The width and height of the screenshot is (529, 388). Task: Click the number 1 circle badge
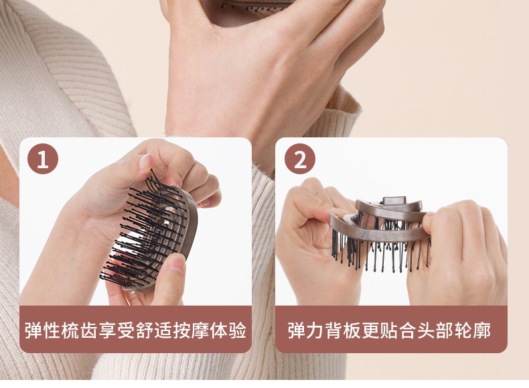point(43,159)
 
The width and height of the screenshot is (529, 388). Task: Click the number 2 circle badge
point(300,159)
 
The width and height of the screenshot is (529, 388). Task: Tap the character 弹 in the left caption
point(33,330)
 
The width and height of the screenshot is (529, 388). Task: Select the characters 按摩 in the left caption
point(191,330)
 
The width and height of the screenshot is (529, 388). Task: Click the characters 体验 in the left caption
point(228,330)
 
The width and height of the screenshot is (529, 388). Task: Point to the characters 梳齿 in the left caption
point(80,330)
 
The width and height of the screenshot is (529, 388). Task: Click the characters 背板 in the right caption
point(343,330)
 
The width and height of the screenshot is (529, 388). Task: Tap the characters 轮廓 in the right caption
point(473,330)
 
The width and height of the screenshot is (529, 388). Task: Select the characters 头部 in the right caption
point(435,330)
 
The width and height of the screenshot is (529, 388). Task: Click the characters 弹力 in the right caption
point(306,330)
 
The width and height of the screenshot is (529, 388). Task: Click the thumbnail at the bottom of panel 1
point(177,264)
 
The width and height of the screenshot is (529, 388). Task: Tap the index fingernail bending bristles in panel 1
point(146,162)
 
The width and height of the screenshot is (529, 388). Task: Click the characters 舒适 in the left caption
point(154,330)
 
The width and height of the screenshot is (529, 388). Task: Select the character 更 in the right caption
point(371,330)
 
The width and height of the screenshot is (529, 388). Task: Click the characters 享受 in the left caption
point(117,330)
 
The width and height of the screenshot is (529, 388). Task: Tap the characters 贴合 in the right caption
point(398,330)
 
